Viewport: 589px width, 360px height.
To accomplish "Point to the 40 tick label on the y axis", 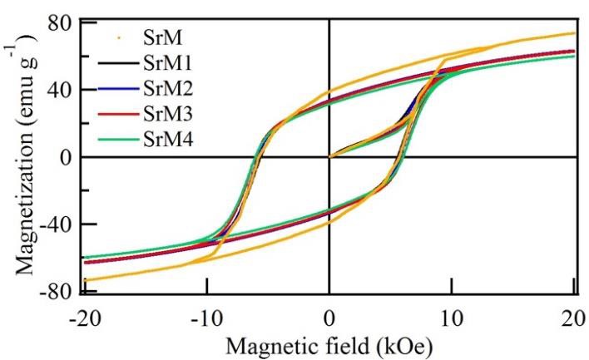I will point(60,89).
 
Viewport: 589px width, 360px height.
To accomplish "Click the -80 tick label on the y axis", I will point(55,292).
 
